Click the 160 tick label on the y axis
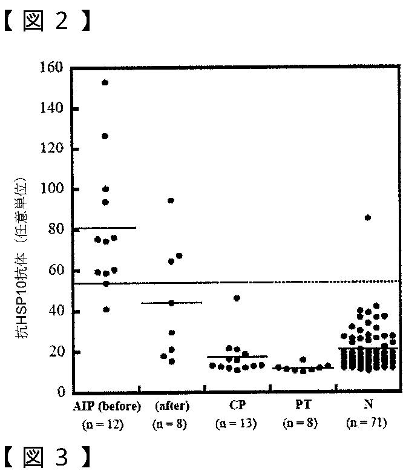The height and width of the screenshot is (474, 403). click(x=51, y=67)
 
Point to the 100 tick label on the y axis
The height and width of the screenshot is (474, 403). click(x=52, y=189)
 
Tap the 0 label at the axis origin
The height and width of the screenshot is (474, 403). click(x=61, y=392)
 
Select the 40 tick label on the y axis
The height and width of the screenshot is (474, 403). click(x=56, y=311)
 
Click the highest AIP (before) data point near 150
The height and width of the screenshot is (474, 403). click(x=105, y=82)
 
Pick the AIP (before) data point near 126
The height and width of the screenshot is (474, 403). click(x=105, y=136)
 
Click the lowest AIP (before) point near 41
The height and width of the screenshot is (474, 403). click(x=106, y=309)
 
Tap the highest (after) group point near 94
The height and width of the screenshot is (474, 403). click(x=171, y=200)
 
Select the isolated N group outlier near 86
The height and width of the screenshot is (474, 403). click(x=368, y=218)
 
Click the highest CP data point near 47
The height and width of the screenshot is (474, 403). click(x=237, y=298)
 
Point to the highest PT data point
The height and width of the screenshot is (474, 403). click(x=303, y=360)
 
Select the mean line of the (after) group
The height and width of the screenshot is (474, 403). click(x=171, y=303)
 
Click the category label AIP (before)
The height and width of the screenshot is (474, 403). click(x=107, y=406)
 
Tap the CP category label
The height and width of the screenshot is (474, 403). click(x=237, y=405)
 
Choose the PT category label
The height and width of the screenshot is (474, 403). click(x=303, y=404)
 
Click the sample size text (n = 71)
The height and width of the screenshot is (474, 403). click(x=367, y=423)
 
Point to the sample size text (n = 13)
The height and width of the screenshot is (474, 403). click(x=236, y=423)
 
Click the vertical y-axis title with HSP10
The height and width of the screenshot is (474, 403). click(x=21, y=258)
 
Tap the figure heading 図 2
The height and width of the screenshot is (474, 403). click(x=47, y=21)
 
